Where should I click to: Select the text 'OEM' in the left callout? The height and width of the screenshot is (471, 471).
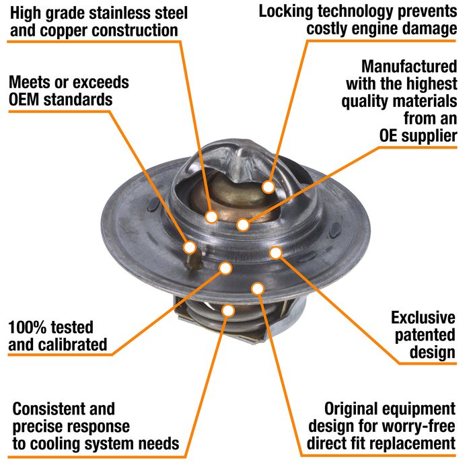click(24, 100)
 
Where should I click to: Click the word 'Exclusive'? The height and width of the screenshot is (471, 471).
click(423, 318)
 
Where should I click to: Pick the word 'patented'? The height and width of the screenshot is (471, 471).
click(425, 335)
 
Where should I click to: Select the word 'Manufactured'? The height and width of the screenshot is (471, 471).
click(409, 66)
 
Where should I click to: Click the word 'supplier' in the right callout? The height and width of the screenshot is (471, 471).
click(429, 136)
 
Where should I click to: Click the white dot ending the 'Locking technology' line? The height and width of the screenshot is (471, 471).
click(268, 187)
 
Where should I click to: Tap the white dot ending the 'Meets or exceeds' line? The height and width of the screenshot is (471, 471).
click(190, 248)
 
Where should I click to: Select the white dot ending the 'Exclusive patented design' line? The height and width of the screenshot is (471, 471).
click(276, 253)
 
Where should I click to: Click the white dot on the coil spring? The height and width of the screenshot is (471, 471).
click(228, 311)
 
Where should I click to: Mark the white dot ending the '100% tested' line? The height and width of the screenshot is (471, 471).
click(225, 268)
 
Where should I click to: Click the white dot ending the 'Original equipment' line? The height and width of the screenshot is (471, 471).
click(258, 289)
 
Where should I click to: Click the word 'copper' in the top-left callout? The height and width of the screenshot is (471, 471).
click(62, 31)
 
